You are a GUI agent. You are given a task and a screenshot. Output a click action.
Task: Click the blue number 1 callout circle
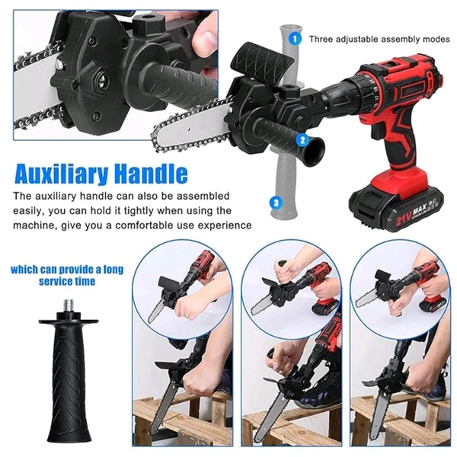click(x=294, y=37)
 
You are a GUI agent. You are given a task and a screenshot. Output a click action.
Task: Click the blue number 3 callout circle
click(x=276, y=203)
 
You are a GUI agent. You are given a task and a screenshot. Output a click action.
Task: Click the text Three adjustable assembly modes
click(x=379, y=37)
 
